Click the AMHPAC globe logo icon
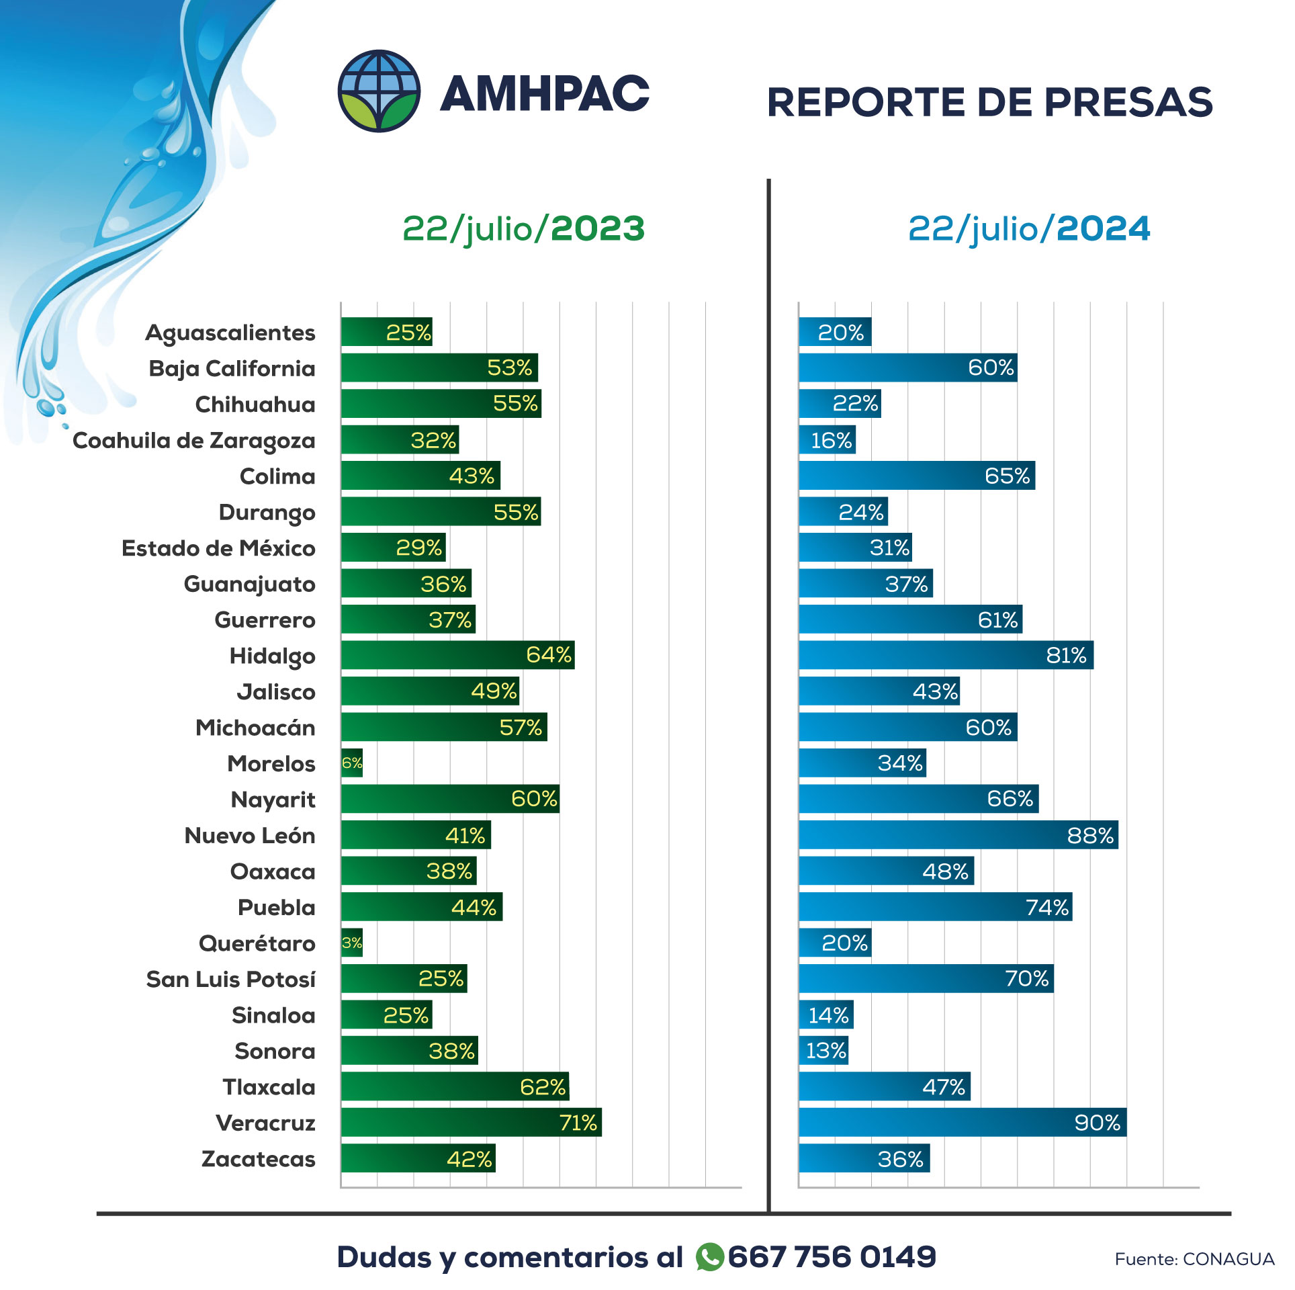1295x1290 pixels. pos(379,91)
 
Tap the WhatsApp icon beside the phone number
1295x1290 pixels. pos(709,1257)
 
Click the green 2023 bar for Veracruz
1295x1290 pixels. pos(470,1123)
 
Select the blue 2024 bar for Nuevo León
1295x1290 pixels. pos(958,835)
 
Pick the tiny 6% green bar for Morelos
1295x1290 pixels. pos(352,763)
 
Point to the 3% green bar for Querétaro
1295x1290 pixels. pos(352,943)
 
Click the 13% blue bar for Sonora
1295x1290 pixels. pos(823,1051)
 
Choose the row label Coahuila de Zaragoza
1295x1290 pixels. pos(193,441)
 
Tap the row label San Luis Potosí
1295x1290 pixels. pos(230,980)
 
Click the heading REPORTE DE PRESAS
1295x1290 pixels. pos(989,102)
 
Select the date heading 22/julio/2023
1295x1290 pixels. pos(523,228)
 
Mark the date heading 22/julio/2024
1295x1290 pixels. pos(1028,228)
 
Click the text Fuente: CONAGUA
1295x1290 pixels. pos(1194,1259)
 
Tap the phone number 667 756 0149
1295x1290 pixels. pos(832,1257)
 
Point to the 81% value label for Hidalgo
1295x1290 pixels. pos(1066,655)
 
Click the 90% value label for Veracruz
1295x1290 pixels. pos(1097,1123)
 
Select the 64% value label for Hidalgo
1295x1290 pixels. pos(548,655)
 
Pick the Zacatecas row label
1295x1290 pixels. pos(258,1159)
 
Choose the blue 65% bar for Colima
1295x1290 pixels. pos(916,476)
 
